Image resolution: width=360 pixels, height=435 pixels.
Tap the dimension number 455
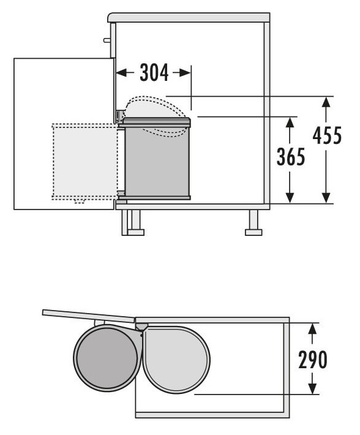[328, 135]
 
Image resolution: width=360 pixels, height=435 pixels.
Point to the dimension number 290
[312, 360]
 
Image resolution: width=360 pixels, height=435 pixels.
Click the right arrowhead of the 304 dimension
[187, 73]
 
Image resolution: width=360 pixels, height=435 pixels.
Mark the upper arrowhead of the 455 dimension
[328, 102]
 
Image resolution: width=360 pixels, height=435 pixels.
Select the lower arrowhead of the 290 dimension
[312, 389]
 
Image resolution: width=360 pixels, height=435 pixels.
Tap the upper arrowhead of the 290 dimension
[312, 329]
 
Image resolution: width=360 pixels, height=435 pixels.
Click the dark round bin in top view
[107, 358]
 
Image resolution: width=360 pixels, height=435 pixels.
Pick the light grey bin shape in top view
[178, 358]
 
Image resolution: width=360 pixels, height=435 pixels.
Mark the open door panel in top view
[89, 316]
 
